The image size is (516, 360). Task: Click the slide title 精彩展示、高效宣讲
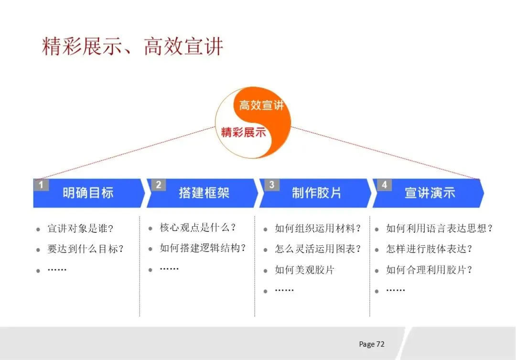pos(133,47)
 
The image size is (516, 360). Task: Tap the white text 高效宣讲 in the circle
pos(261,105)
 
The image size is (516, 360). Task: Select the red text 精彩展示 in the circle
pos(243,132)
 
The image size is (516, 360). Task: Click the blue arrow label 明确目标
pos(88,193)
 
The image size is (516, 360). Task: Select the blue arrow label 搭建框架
pos(204,193)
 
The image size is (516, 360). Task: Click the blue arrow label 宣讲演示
pos(430,193)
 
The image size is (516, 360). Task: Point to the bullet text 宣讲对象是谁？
pos(80,229)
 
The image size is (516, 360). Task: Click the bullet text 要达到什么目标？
pos(86,249)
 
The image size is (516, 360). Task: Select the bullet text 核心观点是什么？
pos(198,228)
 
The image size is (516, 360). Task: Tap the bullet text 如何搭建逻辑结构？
pos(203,248)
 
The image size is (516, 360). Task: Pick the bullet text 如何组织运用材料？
pos(317,229)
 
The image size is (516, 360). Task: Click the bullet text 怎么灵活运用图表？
pos(317,249)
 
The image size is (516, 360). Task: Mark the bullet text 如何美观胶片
pos(304,270)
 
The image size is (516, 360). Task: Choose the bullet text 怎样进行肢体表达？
pos(429,249)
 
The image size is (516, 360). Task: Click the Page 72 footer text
pos(372,344)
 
